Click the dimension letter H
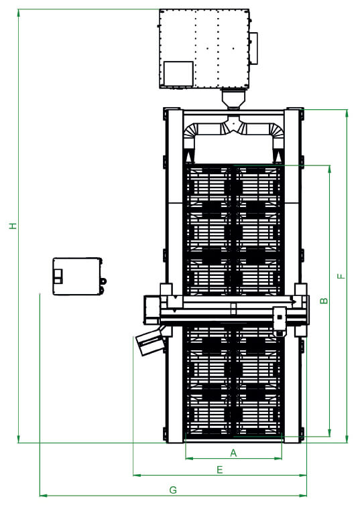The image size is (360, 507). tap(13, 226)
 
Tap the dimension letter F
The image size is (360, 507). tap(341, 276)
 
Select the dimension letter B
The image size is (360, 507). tap(324, 301)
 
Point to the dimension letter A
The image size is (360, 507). tap(233, 453)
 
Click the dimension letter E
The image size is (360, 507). tap(219, 469)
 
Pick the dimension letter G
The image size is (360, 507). tap(173, 490)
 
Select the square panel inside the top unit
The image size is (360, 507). tap(178, 74)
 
